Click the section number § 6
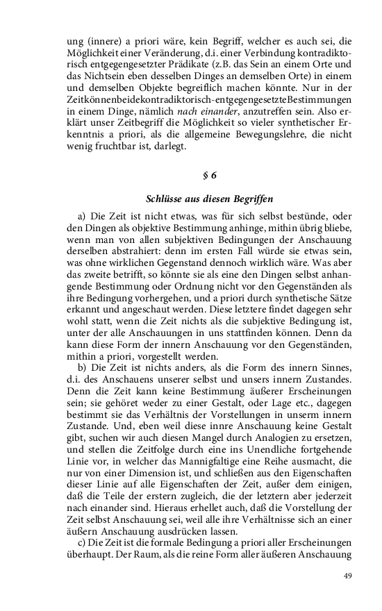190,174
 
